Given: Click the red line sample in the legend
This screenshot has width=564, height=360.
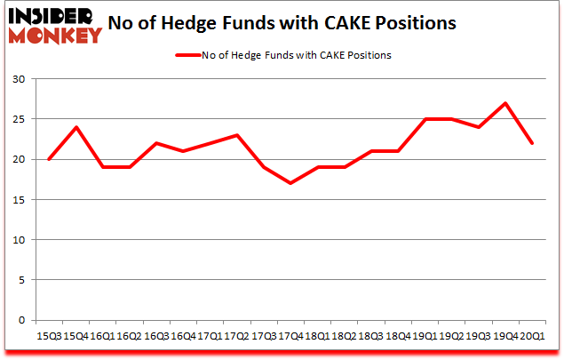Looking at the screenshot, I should point(189,55).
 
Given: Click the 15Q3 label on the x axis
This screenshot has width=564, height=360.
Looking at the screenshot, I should point(48,337).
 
